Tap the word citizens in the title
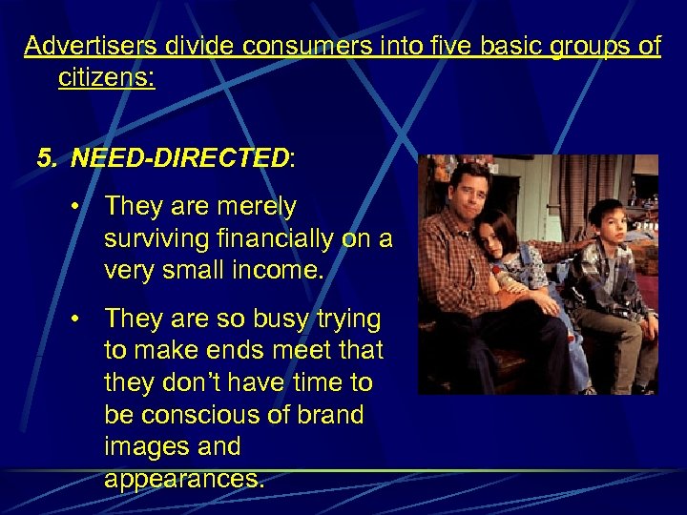106,77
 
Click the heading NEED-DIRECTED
179,157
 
